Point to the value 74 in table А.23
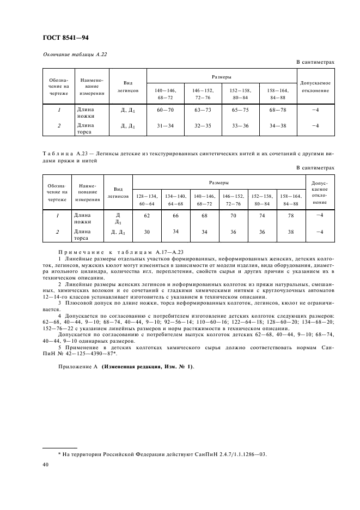(262, 216)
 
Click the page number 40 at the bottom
(46, 464)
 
